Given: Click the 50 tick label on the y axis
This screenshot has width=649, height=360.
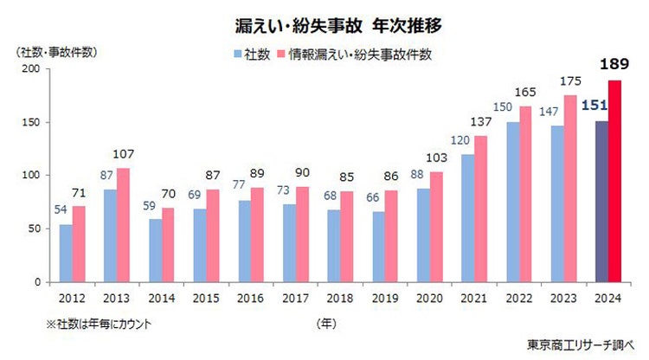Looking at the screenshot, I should pyautogui.click(x=32, y=228).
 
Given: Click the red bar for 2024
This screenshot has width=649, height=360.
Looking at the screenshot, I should pyautogui.click(x=616, y=181).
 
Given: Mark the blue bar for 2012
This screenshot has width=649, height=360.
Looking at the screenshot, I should pyautogui.click(x=65, y=254).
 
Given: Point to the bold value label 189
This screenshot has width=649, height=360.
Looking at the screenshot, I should pyautogui.click(x=615, y=64).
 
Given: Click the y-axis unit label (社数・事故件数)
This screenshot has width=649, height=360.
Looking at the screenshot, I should pyautogui.click(x=51, y=50).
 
